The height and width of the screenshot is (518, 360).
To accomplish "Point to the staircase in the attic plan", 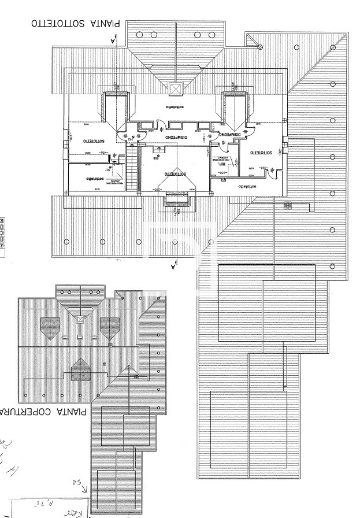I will pos(133,168).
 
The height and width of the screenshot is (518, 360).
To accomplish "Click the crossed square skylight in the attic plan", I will pos(174,89).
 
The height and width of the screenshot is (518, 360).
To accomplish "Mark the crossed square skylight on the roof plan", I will pos(80,319).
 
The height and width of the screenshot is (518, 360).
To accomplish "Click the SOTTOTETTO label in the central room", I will pos(175,173).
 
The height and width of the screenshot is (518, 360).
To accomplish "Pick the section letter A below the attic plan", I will pos(173,267).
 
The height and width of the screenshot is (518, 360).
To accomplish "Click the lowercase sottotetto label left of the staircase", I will pos(91,179).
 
